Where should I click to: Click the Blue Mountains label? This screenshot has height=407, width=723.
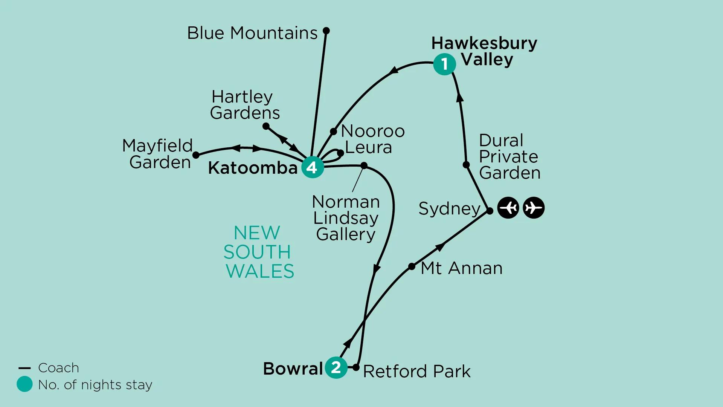click(x=252, y=33)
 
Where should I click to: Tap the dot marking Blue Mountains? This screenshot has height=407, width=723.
click(x=326, y=31)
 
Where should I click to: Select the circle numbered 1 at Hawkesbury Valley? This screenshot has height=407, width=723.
click(x=444, y=64)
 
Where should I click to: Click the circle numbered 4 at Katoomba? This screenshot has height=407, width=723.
click(x=313, y=167)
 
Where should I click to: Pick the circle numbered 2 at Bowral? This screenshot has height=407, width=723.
click(x=336, y=367)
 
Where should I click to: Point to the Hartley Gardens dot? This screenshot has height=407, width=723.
click(x=266, y=126)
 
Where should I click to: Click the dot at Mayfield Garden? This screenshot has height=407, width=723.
click(x=196, y=155)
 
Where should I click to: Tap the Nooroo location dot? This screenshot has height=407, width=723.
click(x=333, y=132)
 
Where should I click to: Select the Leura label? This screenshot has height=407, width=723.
click(x=368, y=147)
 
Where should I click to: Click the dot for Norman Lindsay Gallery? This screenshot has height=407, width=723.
click(x=364, y=165)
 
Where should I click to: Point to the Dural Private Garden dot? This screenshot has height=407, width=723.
click(x=466, y=165)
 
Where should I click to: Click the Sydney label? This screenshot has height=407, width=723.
click(x=449, y=208)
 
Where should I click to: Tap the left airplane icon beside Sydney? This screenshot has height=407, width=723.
click(x=508, y=208)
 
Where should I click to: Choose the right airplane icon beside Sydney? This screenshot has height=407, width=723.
click(x=534, y=208)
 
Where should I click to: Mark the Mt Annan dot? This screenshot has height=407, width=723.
click(x=412, y=266)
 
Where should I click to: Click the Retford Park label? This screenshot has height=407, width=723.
click(x=416, y=372)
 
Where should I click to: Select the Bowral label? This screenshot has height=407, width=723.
click(x=293, y=369)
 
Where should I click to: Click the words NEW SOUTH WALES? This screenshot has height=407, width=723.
click(x=258, y=252)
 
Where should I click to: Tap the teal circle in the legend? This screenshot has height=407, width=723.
click(x=24, y=384)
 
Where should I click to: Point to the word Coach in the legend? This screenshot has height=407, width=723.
click(x=59, y=368)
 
